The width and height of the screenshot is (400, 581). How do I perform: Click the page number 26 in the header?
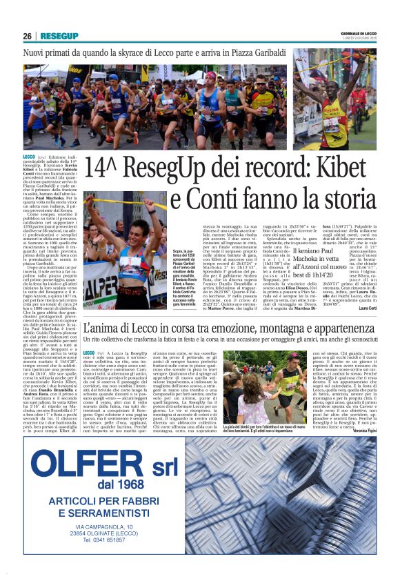tap(28, 36)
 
